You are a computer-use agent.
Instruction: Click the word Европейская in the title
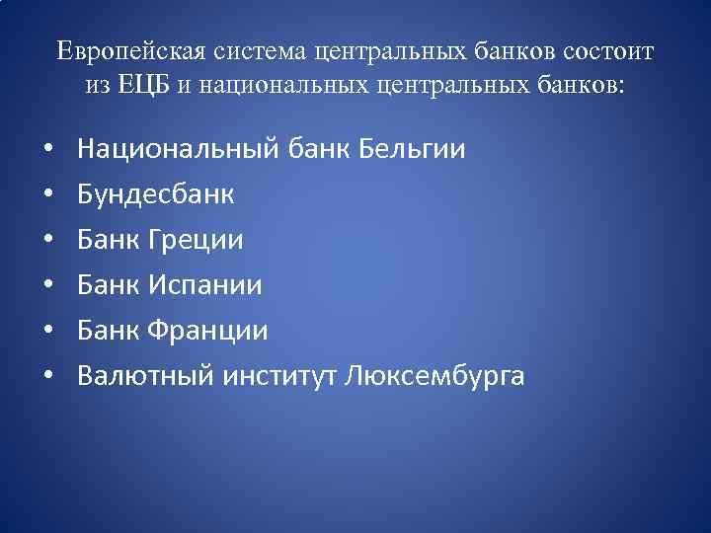[x=117, y=50]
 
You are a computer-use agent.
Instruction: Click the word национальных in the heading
[x=286, y=84]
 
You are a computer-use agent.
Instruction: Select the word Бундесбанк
[x=156, y=195]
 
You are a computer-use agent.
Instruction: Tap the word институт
[x=278, y=376]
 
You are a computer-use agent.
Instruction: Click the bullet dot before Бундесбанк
[x=47, y=195]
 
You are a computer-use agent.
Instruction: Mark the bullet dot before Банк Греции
[x=47, y=241]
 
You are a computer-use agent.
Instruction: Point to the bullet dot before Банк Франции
[x=47, y=332]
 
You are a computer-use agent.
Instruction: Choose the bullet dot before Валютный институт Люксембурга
[x=47, y=377]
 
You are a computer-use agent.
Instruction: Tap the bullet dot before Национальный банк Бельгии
[x=47, y=151]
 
